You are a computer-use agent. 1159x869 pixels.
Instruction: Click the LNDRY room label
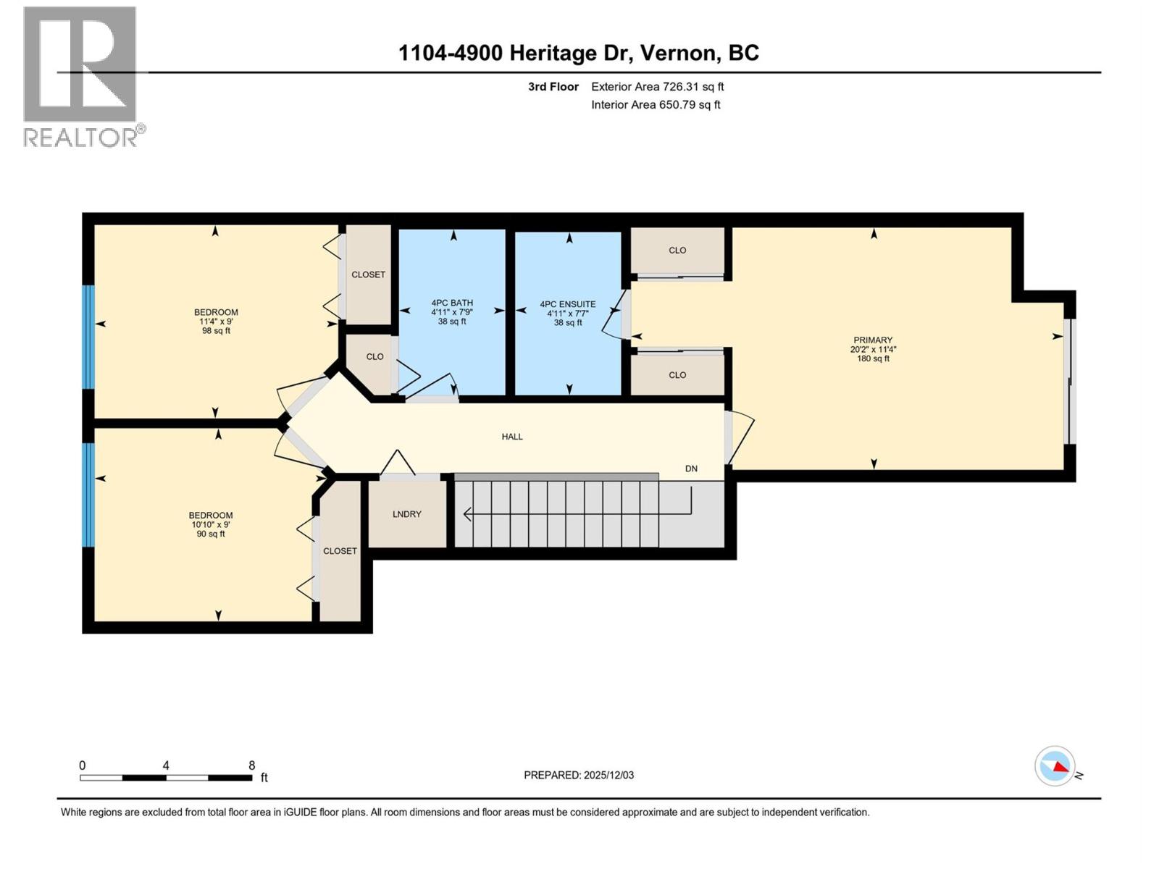(x=406, y=514)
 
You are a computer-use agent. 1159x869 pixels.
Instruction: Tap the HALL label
(x=512, y=437)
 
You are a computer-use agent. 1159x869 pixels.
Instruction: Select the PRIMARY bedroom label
(x=873, y=340)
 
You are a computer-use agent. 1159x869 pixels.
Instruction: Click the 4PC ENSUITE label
(x=568, y=305)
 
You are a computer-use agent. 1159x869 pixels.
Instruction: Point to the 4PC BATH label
(x=452, y=303)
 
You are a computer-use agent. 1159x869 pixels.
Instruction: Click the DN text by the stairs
(x=691, y=469)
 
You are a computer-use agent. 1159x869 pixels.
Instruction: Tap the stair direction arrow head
(x=468, y=514)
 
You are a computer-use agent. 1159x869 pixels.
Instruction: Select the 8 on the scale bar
(x=252, y=765)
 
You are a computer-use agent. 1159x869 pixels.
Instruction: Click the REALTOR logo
(x=80, y=76)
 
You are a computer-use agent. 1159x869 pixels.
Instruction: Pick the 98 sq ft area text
(x=216, y=331)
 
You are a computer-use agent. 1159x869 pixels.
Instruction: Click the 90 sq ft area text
(x=211, y=534)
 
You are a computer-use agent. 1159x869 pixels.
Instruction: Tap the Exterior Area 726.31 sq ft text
(x=657, y=87)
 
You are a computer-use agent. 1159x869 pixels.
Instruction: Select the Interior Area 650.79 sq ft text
(x=656, y=105)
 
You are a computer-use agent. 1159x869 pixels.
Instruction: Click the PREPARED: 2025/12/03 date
(x=579, y=775)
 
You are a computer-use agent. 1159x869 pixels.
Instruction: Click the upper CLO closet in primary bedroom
(x=677, y=251)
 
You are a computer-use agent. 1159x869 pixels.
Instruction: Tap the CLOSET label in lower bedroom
(x=340, y=551)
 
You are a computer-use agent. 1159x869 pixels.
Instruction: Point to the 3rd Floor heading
(x=553, y=87)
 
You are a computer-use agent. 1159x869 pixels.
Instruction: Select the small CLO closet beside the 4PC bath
(x=375, y=357)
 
